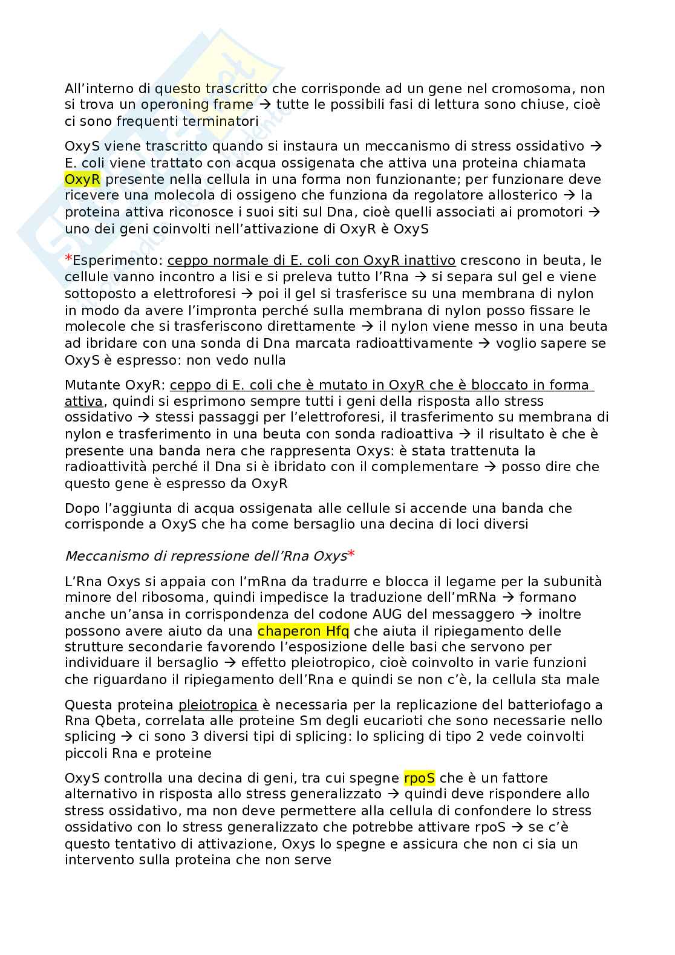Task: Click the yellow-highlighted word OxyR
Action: [82, 180]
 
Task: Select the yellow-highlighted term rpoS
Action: [419, 778]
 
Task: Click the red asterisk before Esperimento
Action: [68, 259]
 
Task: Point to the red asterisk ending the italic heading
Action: [351, 554]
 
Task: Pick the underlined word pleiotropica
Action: [218, 705]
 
